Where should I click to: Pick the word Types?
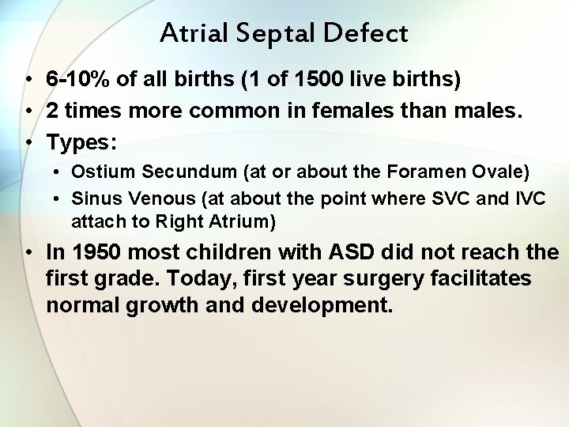[81, 142]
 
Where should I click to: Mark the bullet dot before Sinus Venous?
[59, 198]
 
